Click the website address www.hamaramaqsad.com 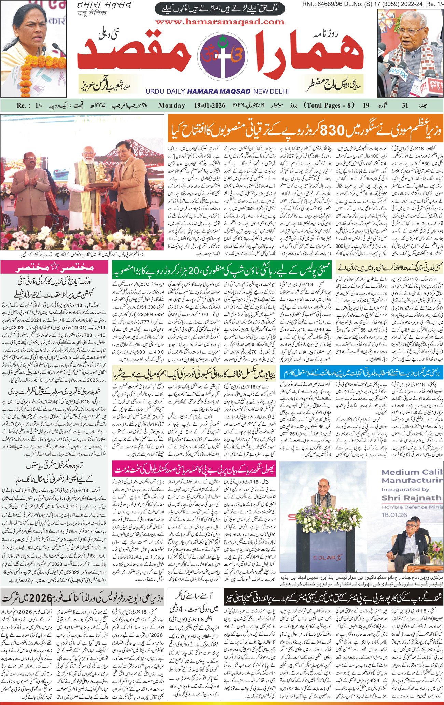pos(220,22)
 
